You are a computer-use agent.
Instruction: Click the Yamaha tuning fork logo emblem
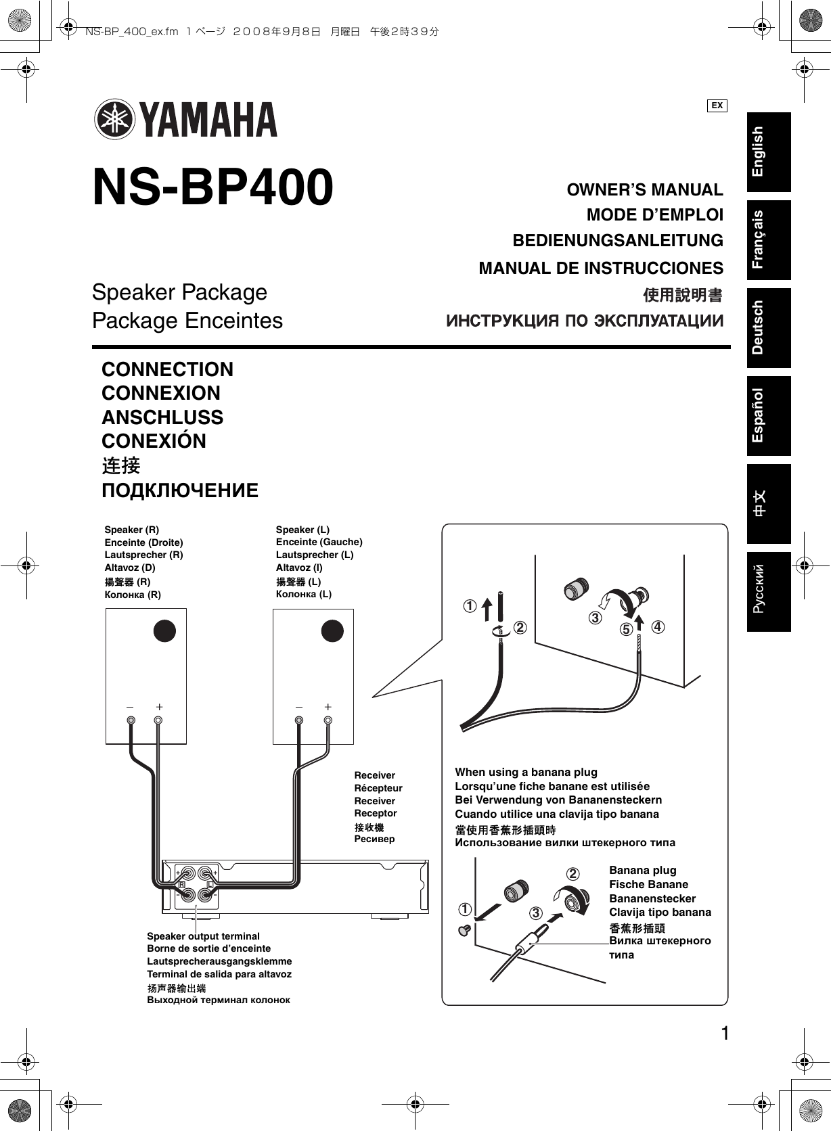[x=114, y=120]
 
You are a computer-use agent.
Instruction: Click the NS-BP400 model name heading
[x=212, y=187]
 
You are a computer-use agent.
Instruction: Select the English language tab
[x=768, y=152]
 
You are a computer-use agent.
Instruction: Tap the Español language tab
[x=768, y=415]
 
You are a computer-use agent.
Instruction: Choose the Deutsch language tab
[x=768, y=327]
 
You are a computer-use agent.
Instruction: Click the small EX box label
[x=717, y=106]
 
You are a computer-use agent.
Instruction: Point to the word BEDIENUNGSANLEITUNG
[x=617, y=241]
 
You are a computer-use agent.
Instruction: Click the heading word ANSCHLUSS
[x=162, y=417]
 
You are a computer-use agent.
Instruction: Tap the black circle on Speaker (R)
[x=164, y=630]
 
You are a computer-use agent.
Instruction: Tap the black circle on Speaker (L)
[x=332, y=630]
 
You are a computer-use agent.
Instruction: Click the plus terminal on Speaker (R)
[x=158, y=720]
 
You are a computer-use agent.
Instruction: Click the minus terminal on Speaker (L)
[x=298, y=720]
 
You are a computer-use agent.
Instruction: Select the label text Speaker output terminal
[x=203, y=936]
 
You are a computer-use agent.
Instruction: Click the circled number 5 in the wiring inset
[x=626, y=630]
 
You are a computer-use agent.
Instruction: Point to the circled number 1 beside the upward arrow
[x=469, y=605]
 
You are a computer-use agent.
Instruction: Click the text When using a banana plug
[x=526, y=772]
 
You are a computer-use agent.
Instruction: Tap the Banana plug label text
[x=642, y=870]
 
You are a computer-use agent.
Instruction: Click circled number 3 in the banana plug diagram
[x=536, y=914]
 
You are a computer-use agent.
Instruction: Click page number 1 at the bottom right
[x=725, y=1034]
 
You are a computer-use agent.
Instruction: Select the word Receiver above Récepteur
[x=374, y=775]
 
